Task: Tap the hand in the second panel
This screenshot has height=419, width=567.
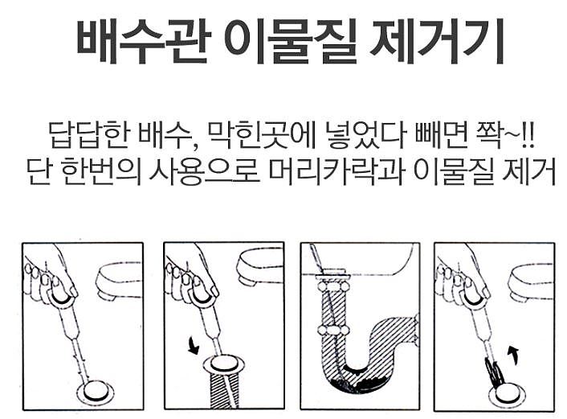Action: [193, 277]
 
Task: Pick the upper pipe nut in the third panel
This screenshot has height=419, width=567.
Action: [333, 285]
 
